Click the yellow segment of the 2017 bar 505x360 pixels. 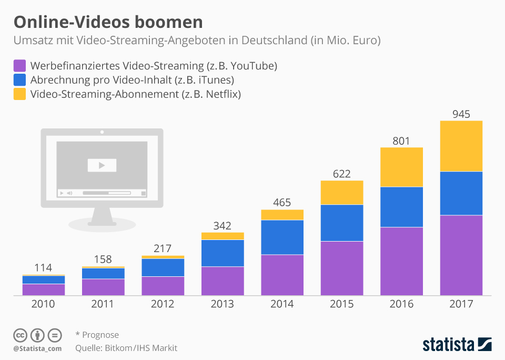point(461,146)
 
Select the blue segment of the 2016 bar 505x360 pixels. point(401,206)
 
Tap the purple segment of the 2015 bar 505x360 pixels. point(342,268)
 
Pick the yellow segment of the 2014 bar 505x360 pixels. point(282,215)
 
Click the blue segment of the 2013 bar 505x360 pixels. point(223,253)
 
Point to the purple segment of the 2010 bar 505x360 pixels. point(43,289)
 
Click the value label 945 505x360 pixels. point(461,114)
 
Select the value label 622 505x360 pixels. point(342,174)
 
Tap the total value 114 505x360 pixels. point(43,268)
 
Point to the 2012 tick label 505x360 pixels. point(163,304)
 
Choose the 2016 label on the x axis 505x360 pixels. point(401,304)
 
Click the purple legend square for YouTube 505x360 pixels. point(19,66)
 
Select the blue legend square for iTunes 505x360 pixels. point(19,81)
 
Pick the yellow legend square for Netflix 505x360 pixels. point(19,95)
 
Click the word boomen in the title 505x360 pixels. point(168,22)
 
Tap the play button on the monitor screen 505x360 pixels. point(102,165)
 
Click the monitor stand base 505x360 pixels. point(102,225)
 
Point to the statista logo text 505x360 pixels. point(448,345)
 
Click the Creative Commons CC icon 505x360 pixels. point(20,335)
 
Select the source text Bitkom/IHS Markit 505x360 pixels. point(140,348)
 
